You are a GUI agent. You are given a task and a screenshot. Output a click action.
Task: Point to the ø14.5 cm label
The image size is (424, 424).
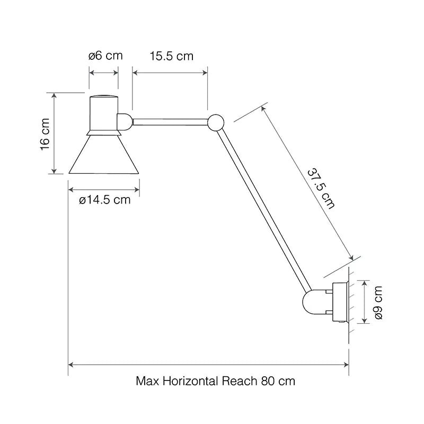pos(104,200)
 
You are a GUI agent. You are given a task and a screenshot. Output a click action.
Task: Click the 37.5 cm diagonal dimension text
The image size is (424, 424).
pos(321,189)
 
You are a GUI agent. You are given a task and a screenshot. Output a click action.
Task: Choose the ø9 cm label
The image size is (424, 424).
pos(378,302)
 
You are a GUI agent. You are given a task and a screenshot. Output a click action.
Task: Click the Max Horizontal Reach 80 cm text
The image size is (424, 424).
pos(215,381)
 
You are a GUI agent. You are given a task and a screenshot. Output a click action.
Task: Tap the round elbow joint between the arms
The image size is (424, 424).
pos(216,122)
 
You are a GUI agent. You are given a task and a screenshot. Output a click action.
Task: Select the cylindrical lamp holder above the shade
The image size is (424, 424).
pos(103,113)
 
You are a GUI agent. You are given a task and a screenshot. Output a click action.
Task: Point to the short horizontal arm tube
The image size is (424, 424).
pos(170,122)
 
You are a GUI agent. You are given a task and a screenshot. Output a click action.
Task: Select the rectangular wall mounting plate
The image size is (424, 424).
pos(339,303)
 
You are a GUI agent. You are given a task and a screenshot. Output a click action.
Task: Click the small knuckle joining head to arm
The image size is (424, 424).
pos(125,121)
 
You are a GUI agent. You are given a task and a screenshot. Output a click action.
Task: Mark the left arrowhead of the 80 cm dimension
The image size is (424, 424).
pos(70,365)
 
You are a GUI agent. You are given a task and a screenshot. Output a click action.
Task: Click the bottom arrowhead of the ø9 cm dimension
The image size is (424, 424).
pos(364,321)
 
